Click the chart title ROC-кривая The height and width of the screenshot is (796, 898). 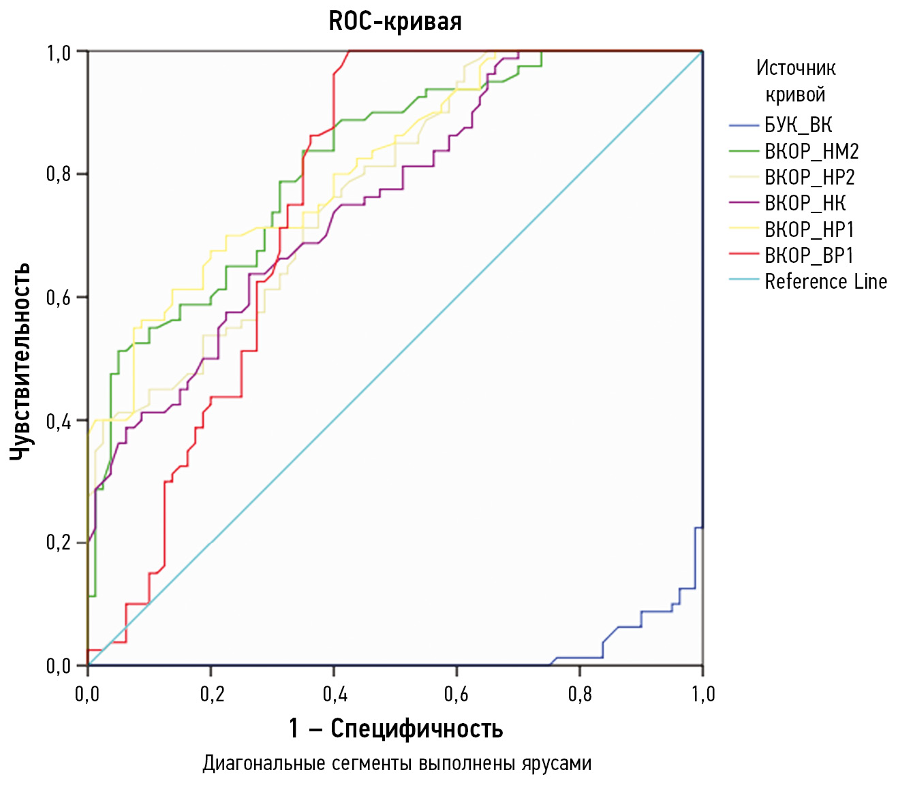coord(395,21)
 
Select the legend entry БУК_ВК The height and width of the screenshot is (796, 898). coord(798,125)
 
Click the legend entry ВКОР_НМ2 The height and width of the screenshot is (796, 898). coord(811,151)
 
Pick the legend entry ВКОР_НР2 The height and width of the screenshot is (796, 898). coord(809,177)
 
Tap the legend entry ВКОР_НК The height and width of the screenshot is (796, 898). coord(805,203)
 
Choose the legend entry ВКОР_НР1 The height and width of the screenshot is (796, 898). coord(809,229)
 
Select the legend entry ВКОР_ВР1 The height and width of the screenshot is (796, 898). coord(809,255)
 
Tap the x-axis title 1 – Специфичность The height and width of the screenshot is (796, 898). coord(396,729)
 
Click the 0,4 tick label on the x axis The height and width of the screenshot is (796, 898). coord(334,694)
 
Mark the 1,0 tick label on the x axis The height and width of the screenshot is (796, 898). coord(702,694)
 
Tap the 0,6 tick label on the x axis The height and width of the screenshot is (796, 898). coord(456,694)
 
